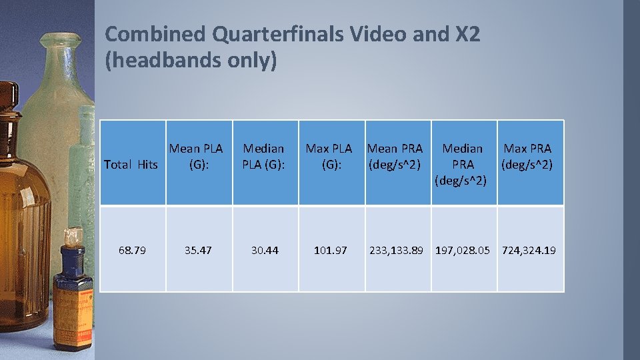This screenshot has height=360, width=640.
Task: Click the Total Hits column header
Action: (x=131, y=164)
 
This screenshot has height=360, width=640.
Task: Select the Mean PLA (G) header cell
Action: (x=196, y=156)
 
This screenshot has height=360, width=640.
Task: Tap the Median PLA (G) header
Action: (x=263, y=156)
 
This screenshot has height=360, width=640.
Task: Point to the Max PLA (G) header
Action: (x=329, y=156)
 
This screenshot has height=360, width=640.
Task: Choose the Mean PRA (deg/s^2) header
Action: (x=395, y=156)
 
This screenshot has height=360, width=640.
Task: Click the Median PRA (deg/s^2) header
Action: (x=463, y=164)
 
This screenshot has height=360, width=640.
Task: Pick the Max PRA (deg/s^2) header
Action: (x=528, y=156)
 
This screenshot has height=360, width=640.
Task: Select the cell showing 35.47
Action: (x=198, y=250)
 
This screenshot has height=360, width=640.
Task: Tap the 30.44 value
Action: (x=265, y=250)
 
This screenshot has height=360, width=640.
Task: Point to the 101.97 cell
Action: (x=331, y=250)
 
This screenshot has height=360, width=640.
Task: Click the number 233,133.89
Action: (x=397, y=250)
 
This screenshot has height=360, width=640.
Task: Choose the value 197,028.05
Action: (x=463, y=250)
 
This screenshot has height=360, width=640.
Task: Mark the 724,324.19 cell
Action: (x=529, y=250)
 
